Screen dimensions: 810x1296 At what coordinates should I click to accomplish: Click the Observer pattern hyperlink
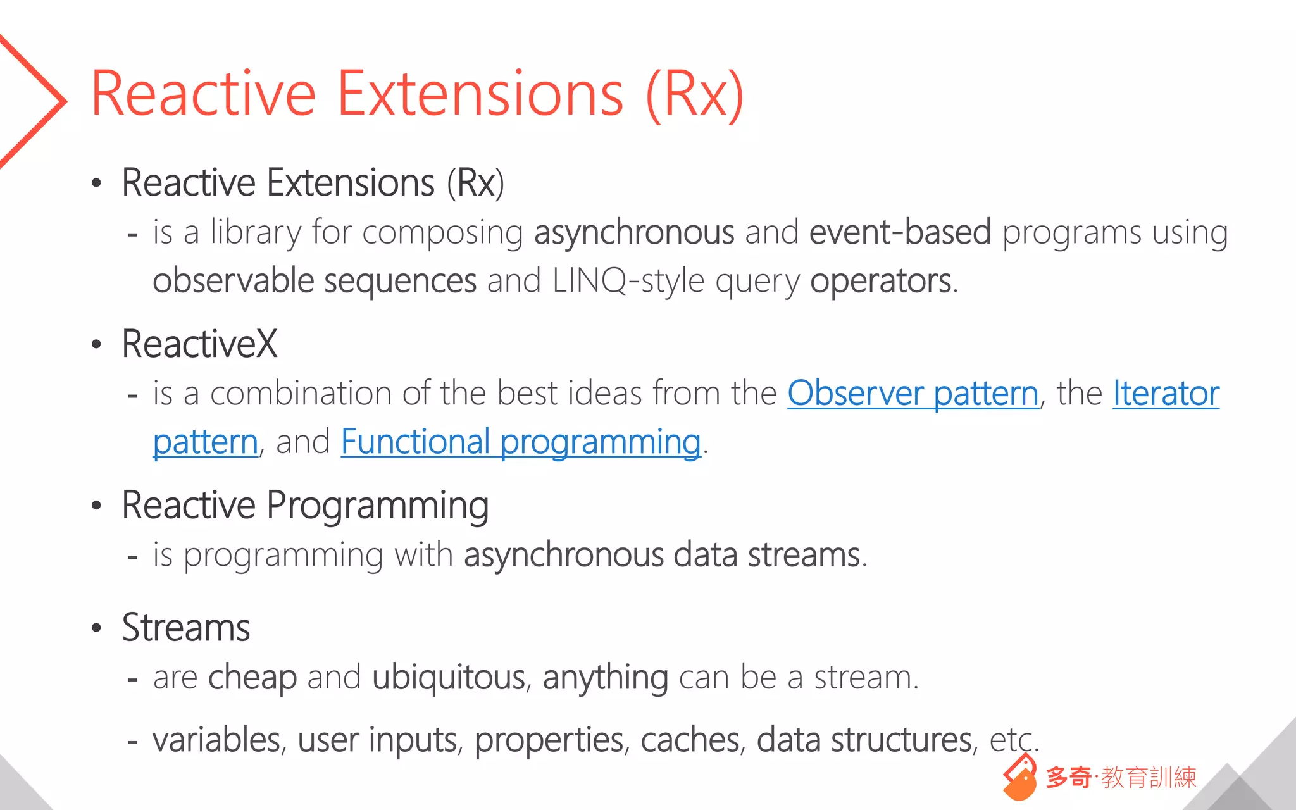pyautogui.click(x=913, y=393)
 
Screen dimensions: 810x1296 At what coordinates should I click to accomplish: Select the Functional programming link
pyautogui.click(x=520, y=442)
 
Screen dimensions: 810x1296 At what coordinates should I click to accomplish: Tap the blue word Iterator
pyautogui.click(x=1166, y=393)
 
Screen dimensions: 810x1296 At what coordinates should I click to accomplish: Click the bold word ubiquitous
pyautogui.click(x=448, y=677)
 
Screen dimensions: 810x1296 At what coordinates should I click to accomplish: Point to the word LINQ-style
pyautogui.click(x=628, y=280)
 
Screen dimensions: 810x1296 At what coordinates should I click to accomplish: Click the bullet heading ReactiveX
pyautogui.click(x=199, y=344)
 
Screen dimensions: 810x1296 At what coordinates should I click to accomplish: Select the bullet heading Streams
pyautogui.click(x=186, y=628)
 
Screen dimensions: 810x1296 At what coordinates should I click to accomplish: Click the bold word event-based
pyautogui.click(x=900, y=232)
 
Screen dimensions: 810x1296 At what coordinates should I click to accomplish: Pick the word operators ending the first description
pyautogui.click(x=881, y=280)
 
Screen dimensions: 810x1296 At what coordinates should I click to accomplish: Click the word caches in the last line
pyautogui.click(x=690, y=739)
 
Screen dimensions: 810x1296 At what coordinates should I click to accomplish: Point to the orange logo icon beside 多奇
pyautogui.click(x=1019, y=778)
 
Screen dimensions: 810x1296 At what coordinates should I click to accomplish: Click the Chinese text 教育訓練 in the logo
pyautogui.click(x=1149, y=778)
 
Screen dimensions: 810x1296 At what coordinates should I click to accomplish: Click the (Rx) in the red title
pyautogui.click(x=694, y=94)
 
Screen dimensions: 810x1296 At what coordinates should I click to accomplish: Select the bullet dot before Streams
pyautogui.click(x=96, y=628)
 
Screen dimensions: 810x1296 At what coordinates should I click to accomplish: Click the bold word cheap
pyautogui.click(x=252, y=677)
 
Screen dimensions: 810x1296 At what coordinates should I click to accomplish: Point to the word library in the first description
pyautogui.click(x=256, y=232)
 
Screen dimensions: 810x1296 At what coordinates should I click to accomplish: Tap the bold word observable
pyautogui.click(x=233, y=280)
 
